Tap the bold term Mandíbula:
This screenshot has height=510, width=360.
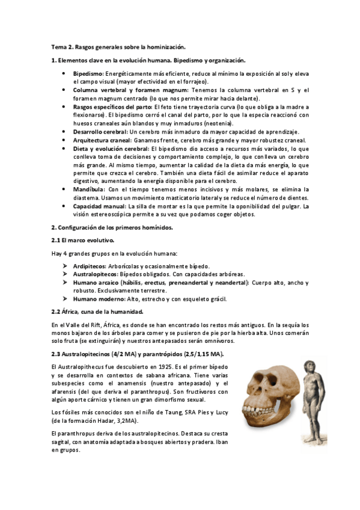pos(91,189)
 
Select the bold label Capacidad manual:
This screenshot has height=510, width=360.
pos(100,206)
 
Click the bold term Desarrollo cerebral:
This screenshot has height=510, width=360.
pos(101,132)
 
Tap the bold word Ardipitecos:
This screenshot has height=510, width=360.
pos(90,265)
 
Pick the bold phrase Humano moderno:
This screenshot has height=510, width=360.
pos(97,298)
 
